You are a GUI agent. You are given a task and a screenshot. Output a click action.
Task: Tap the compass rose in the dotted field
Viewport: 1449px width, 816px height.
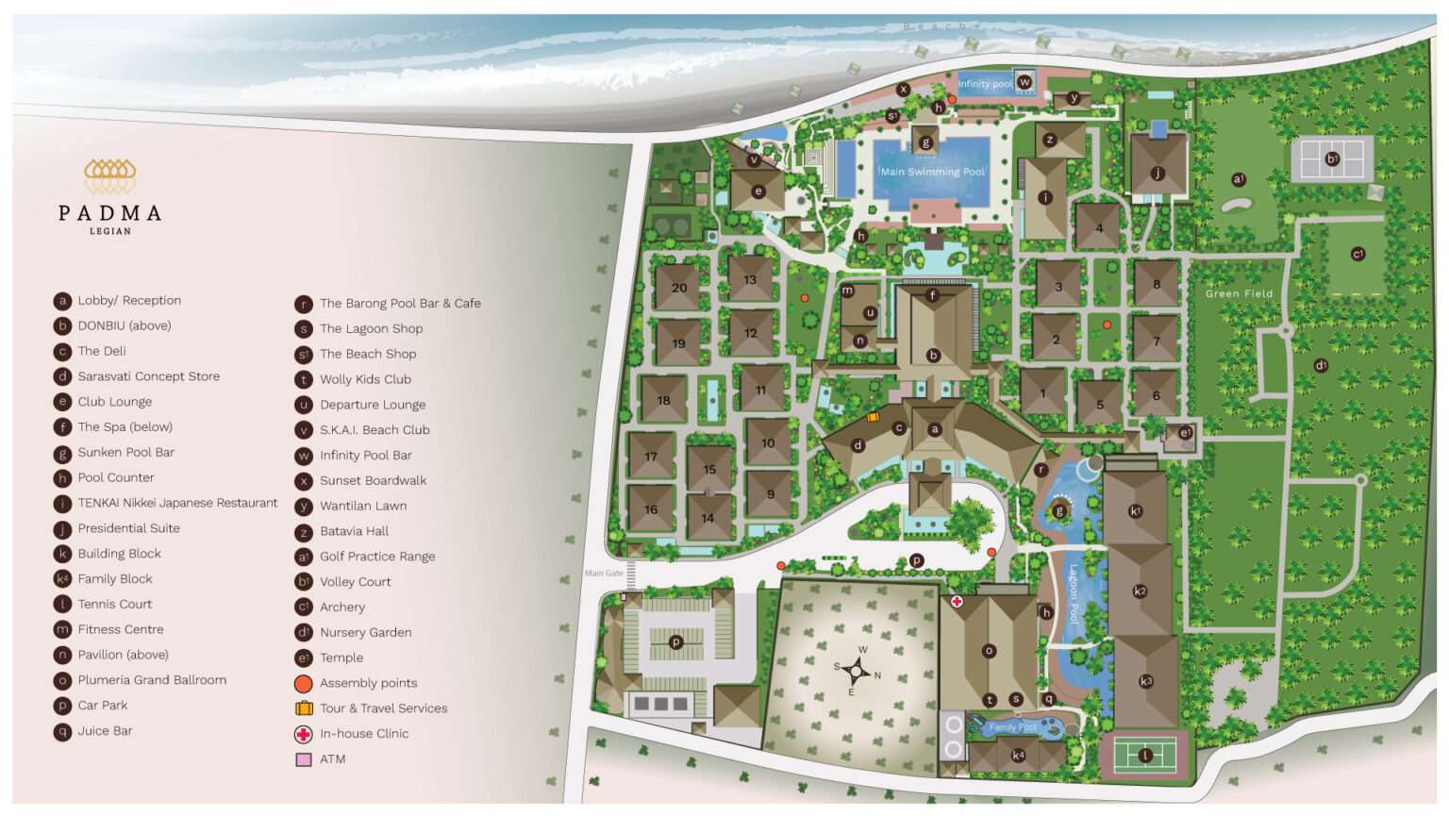point(857,671)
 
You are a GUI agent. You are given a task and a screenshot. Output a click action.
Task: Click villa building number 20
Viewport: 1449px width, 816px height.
point(678,288)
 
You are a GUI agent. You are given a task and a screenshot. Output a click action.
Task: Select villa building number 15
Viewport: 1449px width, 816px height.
point(709,469)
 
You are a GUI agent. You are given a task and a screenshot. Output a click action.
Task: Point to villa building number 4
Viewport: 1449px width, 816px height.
point(1098,227)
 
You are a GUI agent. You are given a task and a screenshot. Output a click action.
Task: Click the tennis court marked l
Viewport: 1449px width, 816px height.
point(1144,756)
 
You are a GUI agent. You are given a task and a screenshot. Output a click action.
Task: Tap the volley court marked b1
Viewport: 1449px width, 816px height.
point(1332,159)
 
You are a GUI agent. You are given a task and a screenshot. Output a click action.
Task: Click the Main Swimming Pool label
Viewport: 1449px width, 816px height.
point(932,172)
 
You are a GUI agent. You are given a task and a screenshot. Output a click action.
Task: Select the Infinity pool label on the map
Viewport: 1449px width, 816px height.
point(985,84)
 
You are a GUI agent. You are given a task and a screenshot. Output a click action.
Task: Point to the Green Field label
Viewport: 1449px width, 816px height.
point(1239,293)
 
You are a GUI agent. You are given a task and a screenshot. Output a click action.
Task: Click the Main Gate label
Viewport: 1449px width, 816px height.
point(604,573)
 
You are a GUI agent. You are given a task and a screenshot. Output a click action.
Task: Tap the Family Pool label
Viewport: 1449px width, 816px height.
point(1012,727)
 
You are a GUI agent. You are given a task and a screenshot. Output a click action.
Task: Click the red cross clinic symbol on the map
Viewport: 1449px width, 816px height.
point(957,601)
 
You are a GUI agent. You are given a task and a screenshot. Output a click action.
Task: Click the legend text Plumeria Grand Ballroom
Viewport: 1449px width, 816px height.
point(152,680)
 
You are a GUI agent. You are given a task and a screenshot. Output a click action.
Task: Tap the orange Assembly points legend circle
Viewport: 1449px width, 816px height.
point(304,683)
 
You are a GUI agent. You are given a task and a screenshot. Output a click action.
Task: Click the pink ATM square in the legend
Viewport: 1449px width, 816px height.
point(304,759)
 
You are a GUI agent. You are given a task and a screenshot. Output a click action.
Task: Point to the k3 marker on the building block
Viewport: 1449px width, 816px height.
point(1146,681)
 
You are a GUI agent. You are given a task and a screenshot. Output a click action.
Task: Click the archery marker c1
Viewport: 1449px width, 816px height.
point(1357,254)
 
